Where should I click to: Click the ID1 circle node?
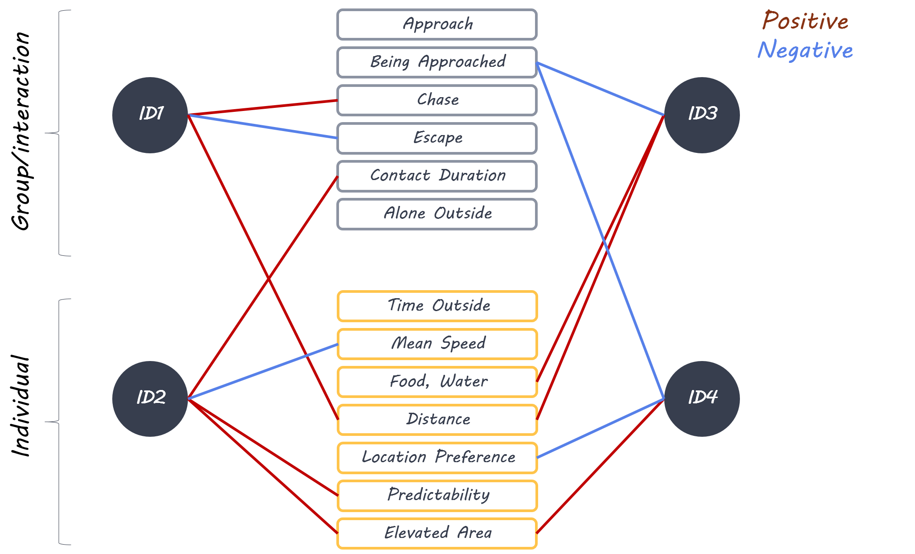coord(150,115)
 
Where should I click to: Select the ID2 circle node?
coord(150,398)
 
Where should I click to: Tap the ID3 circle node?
coord(702,115)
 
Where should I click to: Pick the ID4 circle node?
coord(702,398)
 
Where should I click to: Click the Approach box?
coord(437,25)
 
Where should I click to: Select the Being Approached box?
coord(437,62)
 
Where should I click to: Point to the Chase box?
coord(437,100)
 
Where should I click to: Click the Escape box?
coord(437,138)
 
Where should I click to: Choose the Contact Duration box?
coord(437,176)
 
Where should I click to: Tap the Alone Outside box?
coord(437,214)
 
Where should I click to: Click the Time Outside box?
coord(437,306)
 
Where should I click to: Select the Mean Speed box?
coord(437,344)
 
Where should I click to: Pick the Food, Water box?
coord(437,382)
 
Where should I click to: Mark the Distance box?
coord(437,420)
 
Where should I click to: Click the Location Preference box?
coord(437,458)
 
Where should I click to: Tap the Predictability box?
coord(437,496)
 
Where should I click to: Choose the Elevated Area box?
coord(437,533)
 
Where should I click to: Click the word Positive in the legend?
coord(805,21)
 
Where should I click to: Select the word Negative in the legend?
coord(805,50)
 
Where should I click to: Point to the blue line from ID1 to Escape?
coord(263,127)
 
